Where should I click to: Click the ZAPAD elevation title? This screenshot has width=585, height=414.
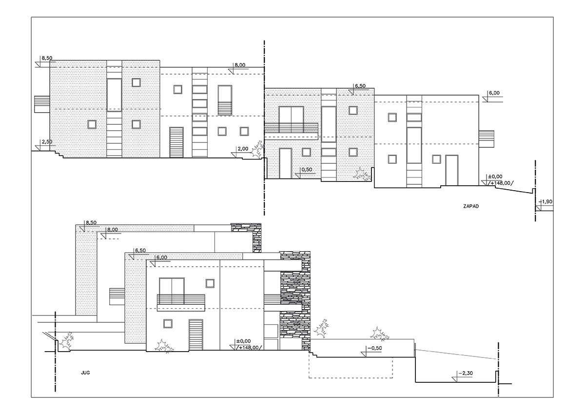point(471,206)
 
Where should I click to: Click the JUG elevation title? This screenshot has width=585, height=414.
point(85,373)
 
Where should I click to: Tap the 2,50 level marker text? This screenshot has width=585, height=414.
point(47,142)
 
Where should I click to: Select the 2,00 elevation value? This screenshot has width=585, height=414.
point(243,149)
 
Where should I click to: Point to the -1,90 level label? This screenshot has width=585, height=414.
point(546,202)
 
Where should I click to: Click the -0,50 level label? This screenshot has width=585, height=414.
point(375,348)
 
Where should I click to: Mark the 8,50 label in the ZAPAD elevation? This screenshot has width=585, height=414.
point(47,58)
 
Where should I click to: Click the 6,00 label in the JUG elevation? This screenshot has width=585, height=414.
point(162,257)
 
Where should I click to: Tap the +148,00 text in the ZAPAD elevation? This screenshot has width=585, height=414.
point(502,183)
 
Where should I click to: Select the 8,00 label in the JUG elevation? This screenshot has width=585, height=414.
point(112,230)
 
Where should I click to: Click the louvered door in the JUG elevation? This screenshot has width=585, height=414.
point(196,335)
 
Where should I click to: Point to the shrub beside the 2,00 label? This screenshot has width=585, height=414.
point(258,150)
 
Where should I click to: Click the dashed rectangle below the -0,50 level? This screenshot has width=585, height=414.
point(351,367)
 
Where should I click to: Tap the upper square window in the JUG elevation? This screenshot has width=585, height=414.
point(210,283)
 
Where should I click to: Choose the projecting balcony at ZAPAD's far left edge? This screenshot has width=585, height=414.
point(42,104)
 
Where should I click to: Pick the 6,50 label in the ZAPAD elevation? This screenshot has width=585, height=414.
point(360,86)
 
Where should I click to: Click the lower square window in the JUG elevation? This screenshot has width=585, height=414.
point(168,324)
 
